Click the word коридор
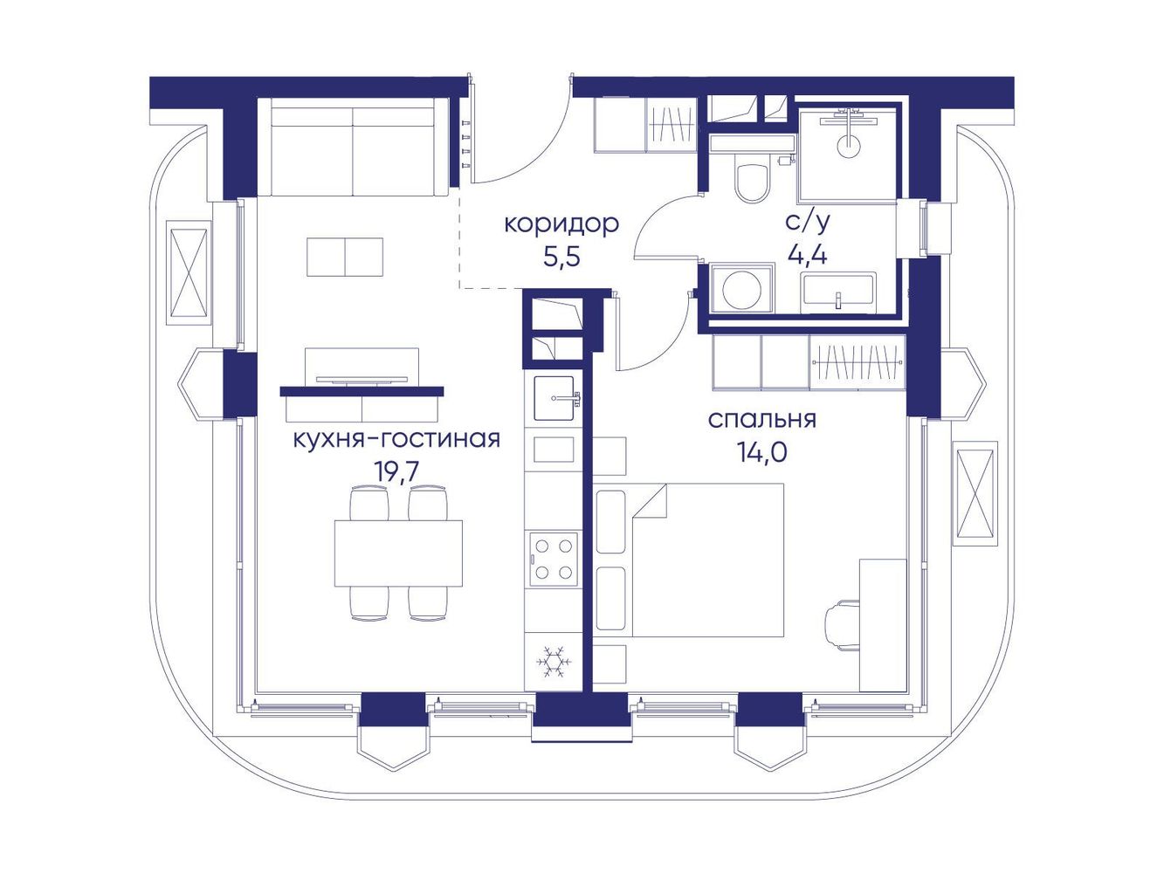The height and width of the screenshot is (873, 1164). pos(561,225)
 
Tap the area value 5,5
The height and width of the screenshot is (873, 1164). pos(562,258)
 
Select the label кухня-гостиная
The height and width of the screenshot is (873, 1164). pos(396,439)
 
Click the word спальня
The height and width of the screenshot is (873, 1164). pos(762,419)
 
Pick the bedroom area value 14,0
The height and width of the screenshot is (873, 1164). pos(761,451)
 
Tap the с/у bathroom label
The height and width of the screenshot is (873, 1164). pos(807,223)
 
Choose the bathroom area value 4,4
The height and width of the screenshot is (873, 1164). pos(807,256)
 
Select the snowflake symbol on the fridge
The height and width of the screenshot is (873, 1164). pos(554,662)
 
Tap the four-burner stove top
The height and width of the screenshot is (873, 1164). pos(553,560)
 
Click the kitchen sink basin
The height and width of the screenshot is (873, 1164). pos(554,398)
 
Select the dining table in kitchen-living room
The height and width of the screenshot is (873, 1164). pos(398,553)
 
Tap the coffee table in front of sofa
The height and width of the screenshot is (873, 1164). pos(345,257)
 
